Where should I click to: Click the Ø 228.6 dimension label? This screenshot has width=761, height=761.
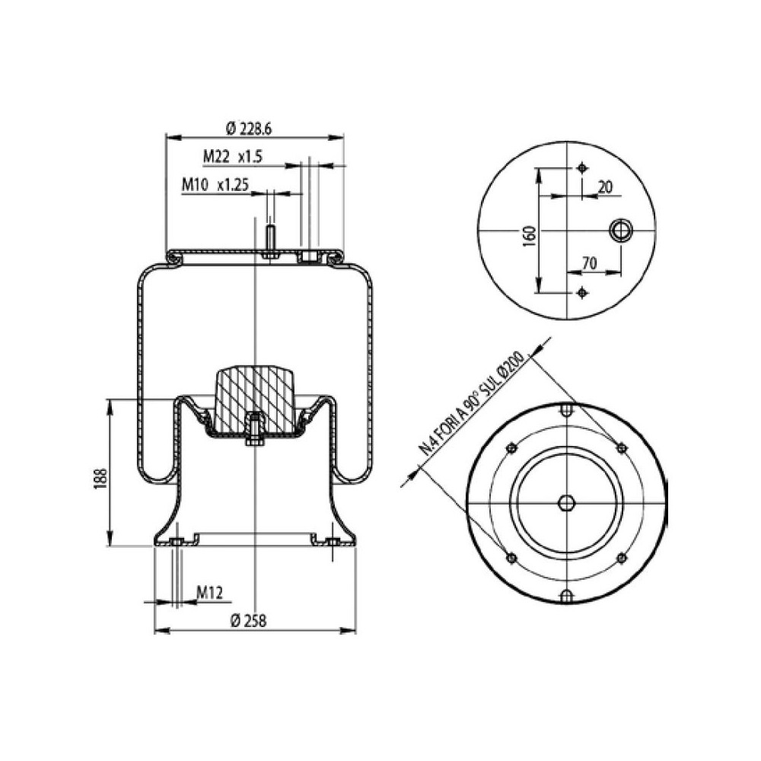pos(250,128)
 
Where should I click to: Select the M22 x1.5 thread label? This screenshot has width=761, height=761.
pos(232,157)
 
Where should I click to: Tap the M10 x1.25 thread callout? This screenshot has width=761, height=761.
pos(215,184)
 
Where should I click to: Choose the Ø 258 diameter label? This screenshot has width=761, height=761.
pos(247,620)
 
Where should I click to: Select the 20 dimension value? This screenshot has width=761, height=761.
pos(605,186)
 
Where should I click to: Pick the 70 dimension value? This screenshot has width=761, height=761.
pos(587,263)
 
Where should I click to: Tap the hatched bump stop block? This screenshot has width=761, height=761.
pos(255,396)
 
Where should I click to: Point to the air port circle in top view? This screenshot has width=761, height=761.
pos(621,230)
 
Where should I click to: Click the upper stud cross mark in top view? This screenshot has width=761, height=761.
pos(582,168)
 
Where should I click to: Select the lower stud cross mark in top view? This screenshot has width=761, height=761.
pos(582,292)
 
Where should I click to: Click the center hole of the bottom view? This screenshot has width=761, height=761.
pos(567,504)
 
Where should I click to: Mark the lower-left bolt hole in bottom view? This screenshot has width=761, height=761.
pos(511,559)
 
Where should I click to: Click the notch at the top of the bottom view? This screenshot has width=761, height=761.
pos(567,412)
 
